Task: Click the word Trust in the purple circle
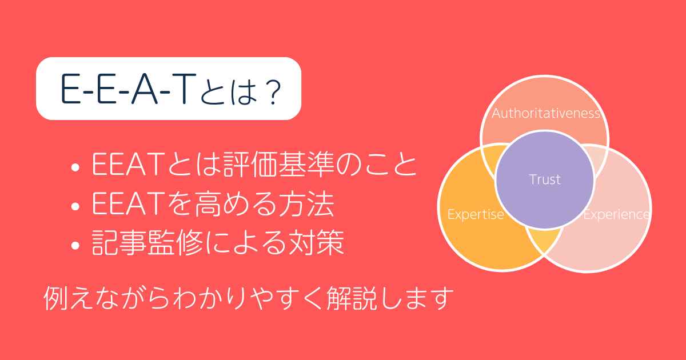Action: click(x=545, y=179)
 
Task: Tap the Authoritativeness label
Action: click(x=546, y=113)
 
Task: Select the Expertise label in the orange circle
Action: click(x=476, y=215)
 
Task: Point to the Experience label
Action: click(x=616, y=215)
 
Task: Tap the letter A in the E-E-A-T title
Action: click(x=144, y=89)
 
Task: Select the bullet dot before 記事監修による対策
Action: click(x=75, y=246)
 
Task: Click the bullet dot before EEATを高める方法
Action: click(x=75, y=206)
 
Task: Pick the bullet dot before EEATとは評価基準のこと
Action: click(x=75, y=167)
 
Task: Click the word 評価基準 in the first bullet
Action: click(x=278, y=165)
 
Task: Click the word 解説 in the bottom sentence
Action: click(x=351, y=298)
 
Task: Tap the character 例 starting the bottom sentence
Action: click(x=55, y=298)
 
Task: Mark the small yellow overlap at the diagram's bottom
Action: click(x=545, y=241)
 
